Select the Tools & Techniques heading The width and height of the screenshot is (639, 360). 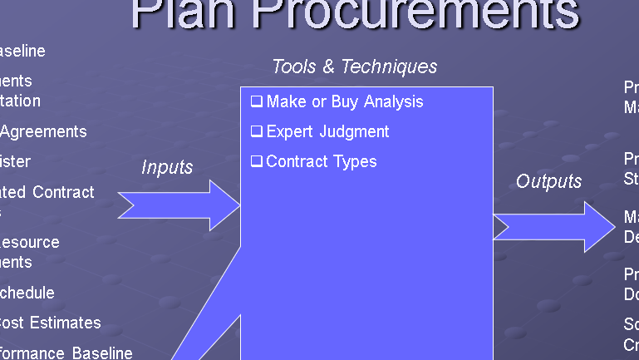click(x=354, y=67)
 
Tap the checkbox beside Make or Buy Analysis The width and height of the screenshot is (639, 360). click(x=257, y=101)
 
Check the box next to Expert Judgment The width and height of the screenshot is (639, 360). click(x=257, y=131)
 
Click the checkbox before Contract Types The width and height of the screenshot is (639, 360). click(x=257, y=161)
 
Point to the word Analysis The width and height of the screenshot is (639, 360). click(x=392, y=101)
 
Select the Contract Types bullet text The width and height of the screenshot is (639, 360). click(x=322, y=161)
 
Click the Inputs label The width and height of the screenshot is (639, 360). click(x=167, y=167)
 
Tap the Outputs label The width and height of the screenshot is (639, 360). click(x=549, y=181)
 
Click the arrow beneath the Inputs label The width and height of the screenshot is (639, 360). click(x=179, y=205)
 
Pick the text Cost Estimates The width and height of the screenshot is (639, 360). click(x=50, y=323)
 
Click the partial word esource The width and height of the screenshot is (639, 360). click(x=30, y=243)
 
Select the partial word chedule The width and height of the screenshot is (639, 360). click(x=27, y=293)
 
